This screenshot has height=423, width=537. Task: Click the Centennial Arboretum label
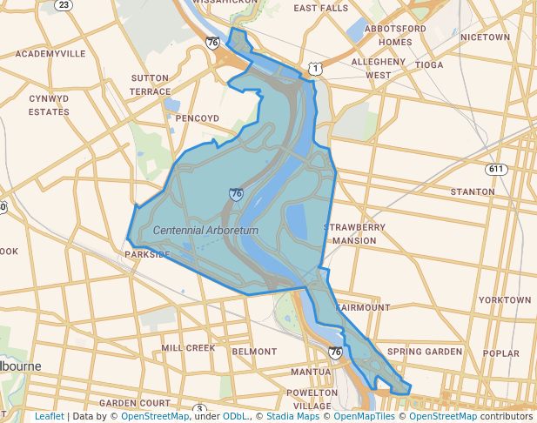click(206, 230)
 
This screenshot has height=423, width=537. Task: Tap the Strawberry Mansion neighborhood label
click(354, 233)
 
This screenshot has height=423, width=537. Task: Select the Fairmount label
click(364, 308)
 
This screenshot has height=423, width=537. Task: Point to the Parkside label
click(147, 255)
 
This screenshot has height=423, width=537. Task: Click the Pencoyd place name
click(198, 117)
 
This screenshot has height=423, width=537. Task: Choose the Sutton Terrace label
click(150, 84)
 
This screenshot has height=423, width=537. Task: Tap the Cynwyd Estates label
click(49, 104)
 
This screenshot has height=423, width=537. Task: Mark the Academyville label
click(50, 53)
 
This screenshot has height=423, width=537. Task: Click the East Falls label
click(320, 8)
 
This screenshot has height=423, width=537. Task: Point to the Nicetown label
click(485, 37)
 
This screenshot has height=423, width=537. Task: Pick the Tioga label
click(429, 65)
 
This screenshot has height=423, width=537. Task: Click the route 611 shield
click(496, 168)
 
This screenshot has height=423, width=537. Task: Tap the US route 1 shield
click(314, 67)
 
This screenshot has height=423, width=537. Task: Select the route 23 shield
click(63, 4)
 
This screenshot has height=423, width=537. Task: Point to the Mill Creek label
click(188, 348)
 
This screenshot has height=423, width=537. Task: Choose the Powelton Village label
click(312, 399)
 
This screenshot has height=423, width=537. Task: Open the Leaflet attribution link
click(49, 417)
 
